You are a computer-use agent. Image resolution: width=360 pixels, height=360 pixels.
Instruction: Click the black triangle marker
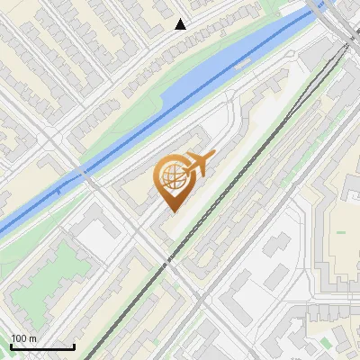tap(181, 24)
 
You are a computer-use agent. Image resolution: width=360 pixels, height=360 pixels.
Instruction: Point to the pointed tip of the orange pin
tap(172, 211)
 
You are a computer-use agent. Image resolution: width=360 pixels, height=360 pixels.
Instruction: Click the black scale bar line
tap(42, 347)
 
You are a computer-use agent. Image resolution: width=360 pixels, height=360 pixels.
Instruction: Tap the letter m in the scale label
tap(32, 339)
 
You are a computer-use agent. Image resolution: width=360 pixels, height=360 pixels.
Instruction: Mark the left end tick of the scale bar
tap(11, 346)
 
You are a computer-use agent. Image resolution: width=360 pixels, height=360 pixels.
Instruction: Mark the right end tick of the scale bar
tap(74, 346)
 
